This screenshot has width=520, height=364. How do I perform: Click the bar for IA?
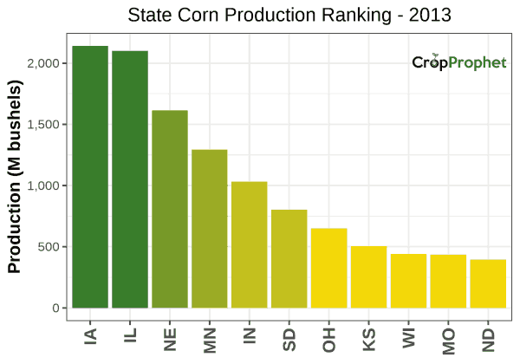pos(90,177)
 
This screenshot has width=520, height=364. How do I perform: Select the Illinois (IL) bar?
pos(130,179)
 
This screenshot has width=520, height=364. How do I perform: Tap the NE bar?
pos(170,209)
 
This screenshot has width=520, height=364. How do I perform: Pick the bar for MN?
pos(210,229)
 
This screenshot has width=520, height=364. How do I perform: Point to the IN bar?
pos(250,244)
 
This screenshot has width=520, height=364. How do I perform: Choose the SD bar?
pos(289,258)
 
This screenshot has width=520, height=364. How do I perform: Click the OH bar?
pos(329,268)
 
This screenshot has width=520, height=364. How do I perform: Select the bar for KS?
pos(369,277)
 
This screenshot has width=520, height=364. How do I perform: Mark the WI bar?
pos(409,281)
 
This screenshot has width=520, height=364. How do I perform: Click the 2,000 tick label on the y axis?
pos(42,63)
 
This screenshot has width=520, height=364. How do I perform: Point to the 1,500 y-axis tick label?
pos(42,125)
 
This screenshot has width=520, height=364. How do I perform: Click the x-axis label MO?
pos(449,337)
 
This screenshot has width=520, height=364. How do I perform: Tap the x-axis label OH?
pos(329,337)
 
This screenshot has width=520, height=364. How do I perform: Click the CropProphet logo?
pos(458,62)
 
